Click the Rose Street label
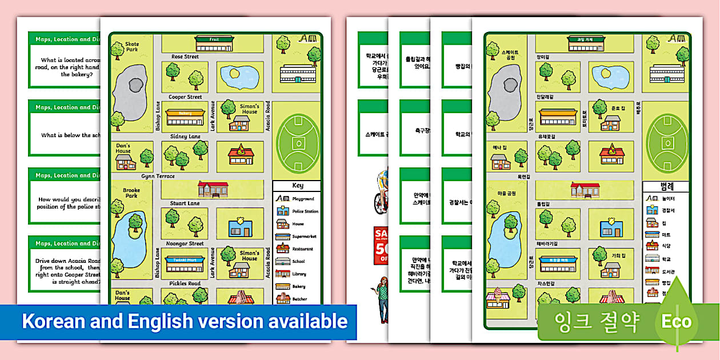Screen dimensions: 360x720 pyautogui.click(x=185, y=57)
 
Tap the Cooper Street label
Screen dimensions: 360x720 pyautogui.click(x=185, y=97)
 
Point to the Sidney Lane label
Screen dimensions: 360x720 pyautogui.click(x=185, y=137)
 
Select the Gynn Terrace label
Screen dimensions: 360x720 pyautogui.click(x=158, y=176)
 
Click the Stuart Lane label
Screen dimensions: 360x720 pyautogui.click(x=185, y=203)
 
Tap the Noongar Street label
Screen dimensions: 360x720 pyautogui.click(x=185, y=243)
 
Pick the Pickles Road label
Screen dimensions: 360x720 pyautogui.click(x=185, y=283)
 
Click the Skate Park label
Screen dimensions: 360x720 pyautogui.click(x=132, y=47)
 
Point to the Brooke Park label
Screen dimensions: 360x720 pyautogui.click(x=131, y=193)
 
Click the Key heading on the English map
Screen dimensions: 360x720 pyautogui.click(x=298, y=186)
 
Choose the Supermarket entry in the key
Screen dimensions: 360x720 pyautogui.click(x=304, y=237)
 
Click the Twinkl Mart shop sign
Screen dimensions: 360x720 pyautogui.click(x=185, y=259)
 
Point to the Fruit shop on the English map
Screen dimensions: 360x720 pyautogui.click(x=214, y=41)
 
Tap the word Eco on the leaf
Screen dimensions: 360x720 pyautogui.click(x=677, y=322)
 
